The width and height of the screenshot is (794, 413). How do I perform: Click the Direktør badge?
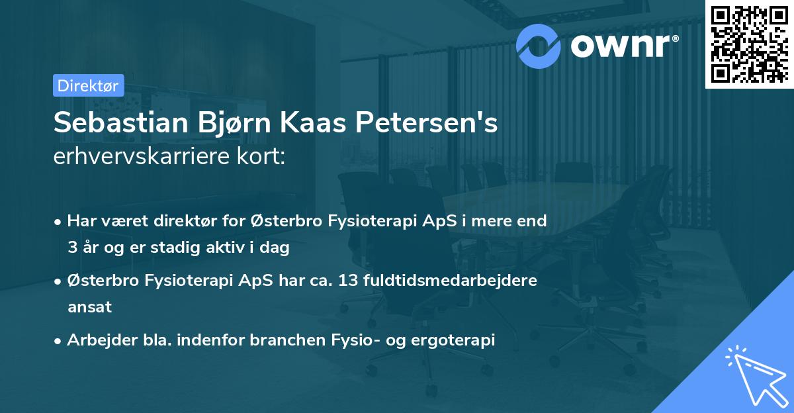[88, 85]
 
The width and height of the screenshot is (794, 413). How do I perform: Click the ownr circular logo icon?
[539, 46]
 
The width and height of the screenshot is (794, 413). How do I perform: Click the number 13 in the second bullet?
[349, 281]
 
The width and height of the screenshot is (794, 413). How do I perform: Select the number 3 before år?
[71, 248]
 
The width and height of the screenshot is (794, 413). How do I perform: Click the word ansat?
[89, 307]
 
